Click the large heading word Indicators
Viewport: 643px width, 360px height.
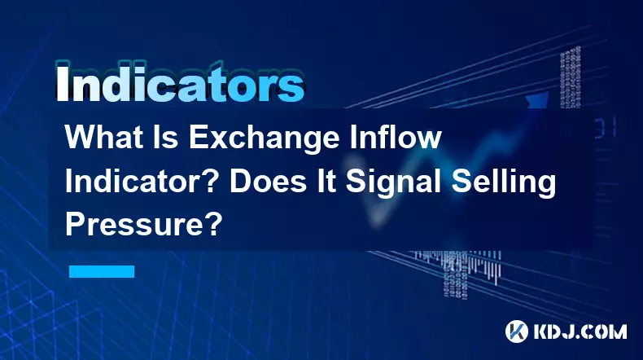[180, 84]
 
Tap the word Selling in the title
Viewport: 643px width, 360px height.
[504, 184]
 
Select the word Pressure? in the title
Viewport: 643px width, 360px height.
[143, 225]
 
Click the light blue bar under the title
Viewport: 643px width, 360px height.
[102, 271]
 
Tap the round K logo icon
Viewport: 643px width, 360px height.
[517, 331]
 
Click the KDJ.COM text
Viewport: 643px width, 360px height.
[580, 331]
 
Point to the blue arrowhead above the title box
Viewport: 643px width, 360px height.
[537, 100]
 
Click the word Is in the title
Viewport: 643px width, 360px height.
[166, 138]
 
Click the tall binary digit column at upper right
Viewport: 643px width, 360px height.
[571, 77]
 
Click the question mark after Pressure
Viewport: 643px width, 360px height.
[213, 225]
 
